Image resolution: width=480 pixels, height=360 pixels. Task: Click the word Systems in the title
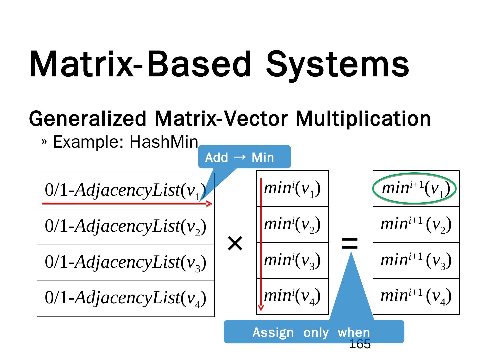point(337,64)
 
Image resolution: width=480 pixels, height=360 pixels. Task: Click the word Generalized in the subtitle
point(88,119)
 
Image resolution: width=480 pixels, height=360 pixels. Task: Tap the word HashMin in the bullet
point(164,142)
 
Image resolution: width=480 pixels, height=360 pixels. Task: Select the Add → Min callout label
point(239,157)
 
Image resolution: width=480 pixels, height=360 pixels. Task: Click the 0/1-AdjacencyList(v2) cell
point(125,227)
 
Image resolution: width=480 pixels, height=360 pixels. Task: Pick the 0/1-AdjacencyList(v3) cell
point(125,263)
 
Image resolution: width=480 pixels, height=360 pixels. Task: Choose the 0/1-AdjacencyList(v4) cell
point(125,298)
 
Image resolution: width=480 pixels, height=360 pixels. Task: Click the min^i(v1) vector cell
point(292,189)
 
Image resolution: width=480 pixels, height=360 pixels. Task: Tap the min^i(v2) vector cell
point(292,225)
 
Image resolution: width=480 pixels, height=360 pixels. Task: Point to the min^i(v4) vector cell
point(292,296)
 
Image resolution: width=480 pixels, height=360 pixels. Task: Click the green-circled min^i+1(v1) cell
point(416,189)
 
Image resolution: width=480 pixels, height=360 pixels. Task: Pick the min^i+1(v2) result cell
point(416,225)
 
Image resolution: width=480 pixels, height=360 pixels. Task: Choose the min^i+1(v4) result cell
point(416,296)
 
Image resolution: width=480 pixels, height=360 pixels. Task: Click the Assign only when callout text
point(311,332)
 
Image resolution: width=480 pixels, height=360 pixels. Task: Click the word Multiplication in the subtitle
point(363,119)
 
